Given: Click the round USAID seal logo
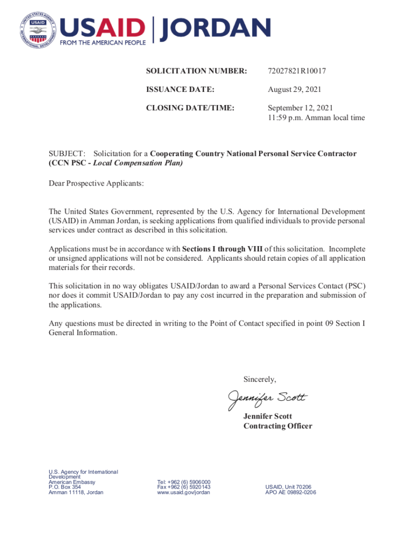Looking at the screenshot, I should [38, 30].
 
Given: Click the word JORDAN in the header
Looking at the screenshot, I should [215, 29].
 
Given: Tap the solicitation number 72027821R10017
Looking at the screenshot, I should [297, 71].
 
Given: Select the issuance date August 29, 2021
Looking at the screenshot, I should [294, 89].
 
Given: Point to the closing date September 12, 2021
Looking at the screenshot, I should [300, 108].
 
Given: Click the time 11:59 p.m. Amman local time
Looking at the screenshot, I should [316, 118].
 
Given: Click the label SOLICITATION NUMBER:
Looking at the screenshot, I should [196, 71].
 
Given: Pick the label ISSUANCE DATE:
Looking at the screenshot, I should [180, 89].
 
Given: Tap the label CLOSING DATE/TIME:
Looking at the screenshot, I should [190, 108].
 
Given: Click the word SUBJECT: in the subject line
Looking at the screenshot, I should [67, 154].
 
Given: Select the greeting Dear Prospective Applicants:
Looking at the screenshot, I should [96, 183].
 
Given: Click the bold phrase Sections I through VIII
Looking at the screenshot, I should [222, 249].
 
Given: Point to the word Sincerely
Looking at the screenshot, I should [260, 379].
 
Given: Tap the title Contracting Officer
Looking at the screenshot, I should [277, 426].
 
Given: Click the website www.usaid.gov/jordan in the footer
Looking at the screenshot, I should [183, 492].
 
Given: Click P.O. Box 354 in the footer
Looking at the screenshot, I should [64, 487].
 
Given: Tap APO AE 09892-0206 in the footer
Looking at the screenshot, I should [290, 492].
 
